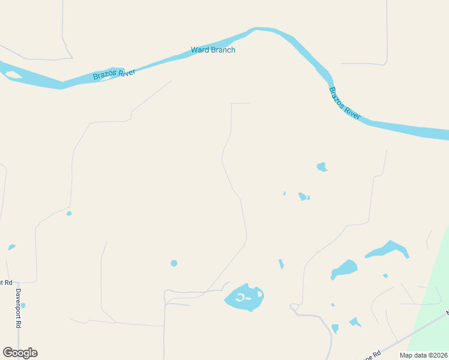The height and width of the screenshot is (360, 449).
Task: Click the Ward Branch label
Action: [213, 50]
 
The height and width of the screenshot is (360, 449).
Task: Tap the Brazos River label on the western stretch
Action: [114, 74]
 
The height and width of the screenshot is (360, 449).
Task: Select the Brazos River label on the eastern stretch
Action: [345, 103]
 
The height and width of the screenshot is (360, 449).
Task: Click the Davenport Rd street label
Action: [19, 307]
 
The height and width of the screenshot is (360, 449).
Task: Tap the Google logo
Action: [20, 353]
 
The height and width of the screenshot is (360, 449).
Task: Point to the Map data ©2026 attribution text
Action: [423, 355]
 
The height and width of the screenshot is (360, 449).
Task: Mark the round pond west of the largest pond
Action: [174, 263]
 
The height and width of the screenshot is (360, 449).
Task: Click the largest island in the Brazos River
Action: [12, 75]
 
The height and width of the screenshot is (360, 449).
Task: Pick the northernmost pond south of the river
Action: [322, 166]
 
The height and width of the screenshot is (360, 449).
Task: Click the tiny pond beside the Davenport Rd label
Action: [23, 305]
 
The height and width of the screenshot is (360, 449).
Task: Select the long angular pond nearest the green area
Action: [388, 249]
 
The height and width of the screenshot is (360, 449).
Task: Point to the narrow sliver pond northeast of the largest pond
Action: [281, 263]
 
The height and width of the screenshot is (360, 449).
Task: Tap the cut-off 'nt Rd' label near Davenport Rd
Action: [5, 282]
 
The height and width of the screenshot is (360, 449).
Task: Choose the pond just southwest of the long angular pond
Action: [344, 268]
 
